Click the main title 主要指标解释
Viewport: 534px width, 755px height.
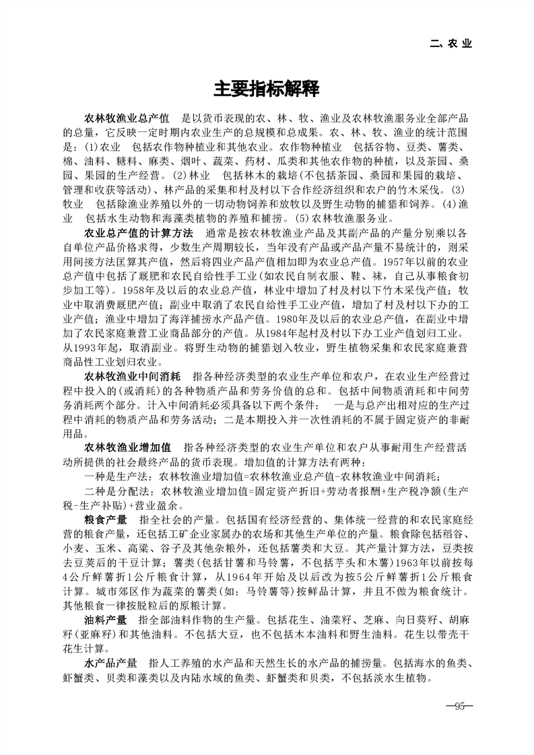[x=267, y=89]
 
